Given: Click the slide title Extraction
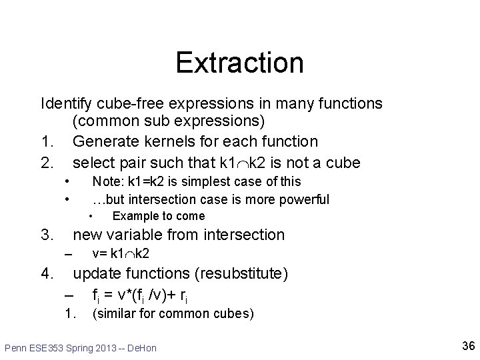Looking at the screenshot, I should [x=239, y=63].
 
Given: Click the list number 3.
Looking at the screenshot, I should [x=47, y=235].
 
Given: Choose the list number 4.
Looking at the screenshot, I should [x=47, y=273].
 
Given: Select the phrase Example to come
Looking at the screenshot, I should [x=159, y=216].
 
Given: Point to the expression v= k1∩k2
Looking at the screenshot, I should [x=121, y=253].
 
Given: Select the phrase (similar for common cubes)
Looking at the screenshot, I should [x=173, y=313].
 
